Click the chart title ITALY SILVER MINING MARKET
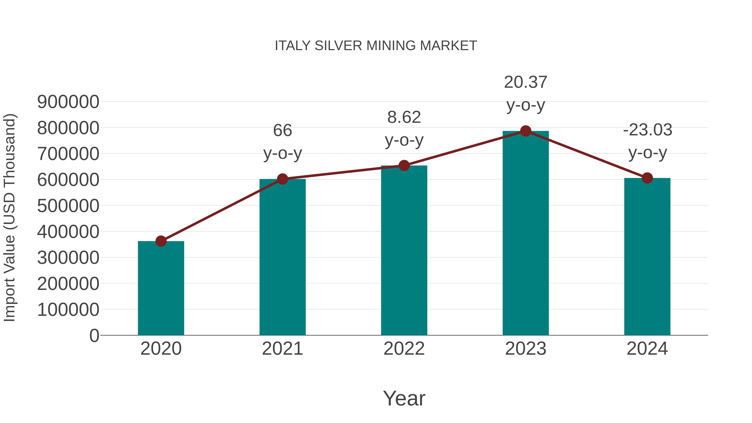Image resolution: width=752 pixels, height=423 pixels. coord(376,46)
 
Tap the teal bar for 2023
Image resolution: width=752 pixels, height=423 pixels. coord(526,234)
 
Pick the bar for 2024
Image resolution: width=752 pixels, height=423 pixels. coord(647,257)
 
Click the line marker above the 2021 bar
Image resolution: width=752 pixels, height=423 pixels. coord(283,179)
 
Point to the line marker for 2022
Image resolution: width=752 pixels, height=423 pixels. coord(404,165)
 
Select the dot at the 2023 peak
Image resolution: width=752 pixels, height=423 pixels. coord(526,131)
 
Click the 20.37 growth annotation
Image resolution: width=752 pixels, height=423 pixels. coord(526,82)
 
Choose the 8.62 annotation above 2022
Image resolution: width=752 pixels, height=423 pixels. coord(404,117)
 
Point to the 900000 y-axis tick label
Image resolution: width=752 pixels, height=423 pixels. coord(68,102)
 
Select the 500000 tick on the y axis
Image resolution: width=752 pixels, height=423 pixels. coord(68,206)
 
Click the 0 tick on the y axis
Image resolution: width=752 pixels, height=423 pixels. coord(94,335)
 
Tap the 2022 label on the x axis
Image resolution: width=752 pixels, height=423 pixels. coord(404,349)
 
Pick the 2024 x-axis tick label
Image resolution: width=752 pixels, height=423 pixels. coord(647,349)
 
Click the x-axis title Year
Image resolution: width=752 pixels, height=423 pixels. coord(404,398)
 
